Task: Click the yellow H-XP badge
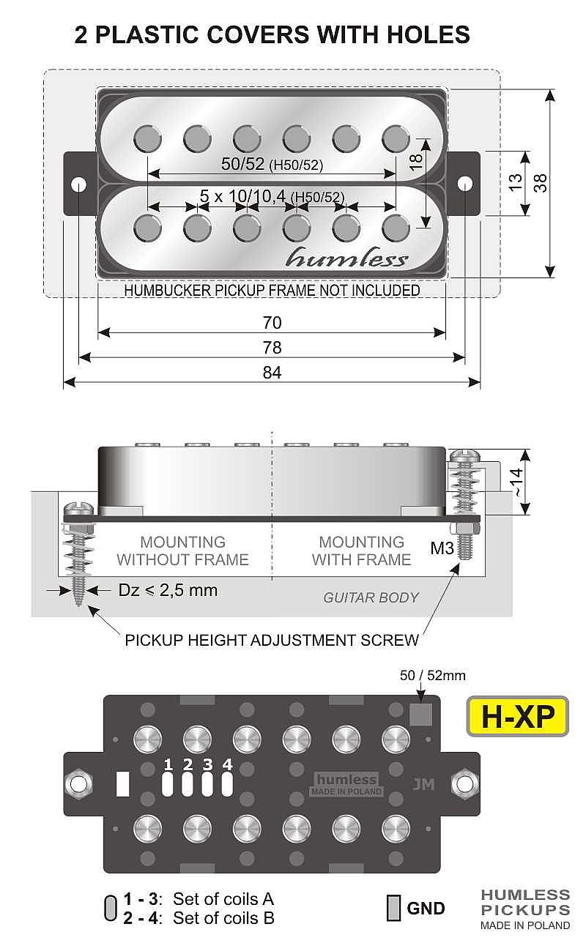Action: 517,716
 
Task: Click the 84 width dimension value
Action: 272,373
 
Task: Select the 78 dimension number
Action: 272,348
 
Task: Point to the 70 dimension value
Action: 272,323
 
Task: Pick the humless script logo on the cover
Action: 346,258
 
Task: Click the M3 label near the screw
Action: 442,547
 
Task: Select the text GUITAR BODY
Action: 371,597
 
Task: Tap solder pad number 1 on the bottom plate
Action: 168,784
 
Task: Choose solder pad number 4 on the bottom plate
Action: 227,784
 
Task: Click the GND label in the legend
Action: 426,909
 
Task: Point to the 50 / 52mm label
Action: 432,676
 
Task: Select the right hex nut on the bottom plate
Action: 465,783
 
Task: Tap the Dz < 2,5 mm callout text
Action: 168,589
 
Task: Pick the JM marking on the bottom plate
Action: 423,784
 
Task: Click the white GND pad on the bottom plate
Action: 122,784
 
